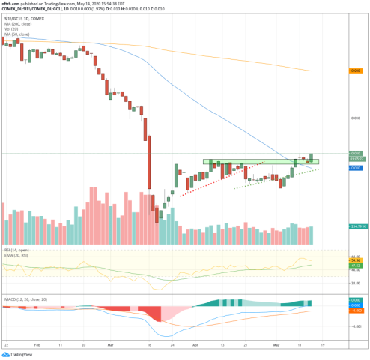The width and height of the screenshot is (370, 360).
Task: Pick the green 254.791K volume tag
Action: [x=357, y=226]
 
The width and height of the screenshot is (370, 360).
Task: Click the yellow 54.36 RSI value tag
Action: [x=356, y=260]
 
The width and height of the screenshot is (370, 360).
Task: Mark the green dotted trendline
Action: [x=270, y=178]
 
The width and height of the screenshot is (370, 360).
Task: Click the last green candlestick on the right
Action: [x=311, y=157]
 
